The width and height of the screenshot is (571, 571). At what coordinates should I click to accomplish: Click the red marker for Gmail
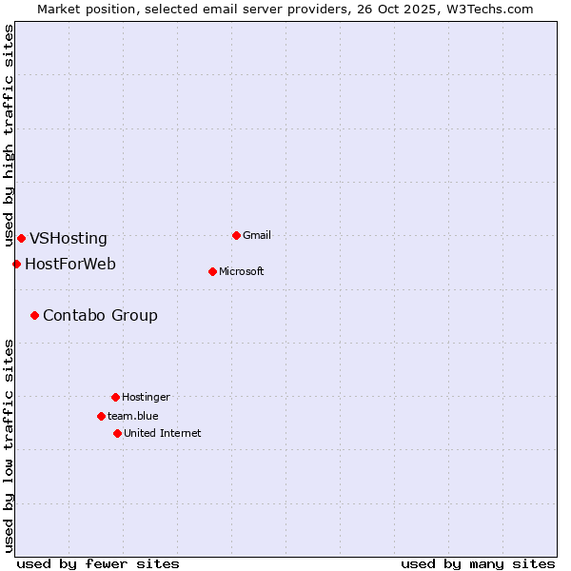point(236,235)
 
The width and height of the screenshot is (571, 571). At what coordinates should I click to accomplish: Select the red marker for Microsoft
point(212,271)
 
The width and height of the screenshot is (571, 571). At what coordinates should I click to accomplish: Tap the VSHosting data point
point(21,238)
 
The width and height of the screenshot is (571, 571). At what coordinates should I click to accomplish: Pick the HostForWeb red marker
point(16,264)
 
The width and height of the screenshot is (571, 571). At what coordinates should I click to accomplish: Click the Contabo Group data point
point(34,315)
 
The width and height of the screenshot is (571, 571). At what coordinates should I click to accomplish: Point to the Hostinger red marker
point(115,397)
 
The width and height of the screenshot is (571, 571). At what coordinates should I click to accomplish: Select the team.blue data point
point(101,416)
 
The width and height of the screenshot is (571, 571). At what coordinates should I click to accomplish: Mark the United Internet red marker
point(117,433)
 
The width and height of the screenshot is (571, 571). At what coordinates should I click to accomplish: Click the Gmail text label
point(257,235)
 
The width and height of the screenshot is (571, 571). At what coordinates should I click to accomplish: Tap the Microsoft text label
point(242,271)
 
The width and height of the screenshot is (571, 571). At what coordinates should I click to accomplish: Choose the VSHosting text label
point(69,239)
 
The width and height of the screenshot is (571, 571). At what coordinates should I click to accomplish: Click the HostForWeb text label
point(70,264)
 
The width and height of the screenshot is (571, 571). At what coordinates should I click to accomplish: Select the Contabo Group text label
point(100,316)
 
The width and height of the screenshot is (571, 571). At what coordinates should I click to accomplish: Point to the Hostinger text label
point(146,397)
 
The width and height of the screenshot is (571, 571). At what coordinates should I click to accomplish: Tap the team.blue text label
point(133,416)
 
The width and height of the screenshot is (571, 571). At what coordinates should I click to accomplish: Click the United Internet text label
point(163,433)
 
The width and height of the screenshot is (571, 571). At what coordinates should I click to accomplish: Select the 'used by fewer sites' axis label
point(98,563)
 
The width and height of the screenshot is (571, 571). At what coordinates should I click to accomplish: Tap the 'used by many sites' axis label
point(478,563)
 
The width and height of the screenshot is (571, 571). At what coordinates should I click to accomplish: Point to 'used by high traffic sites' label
point(9,136)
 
